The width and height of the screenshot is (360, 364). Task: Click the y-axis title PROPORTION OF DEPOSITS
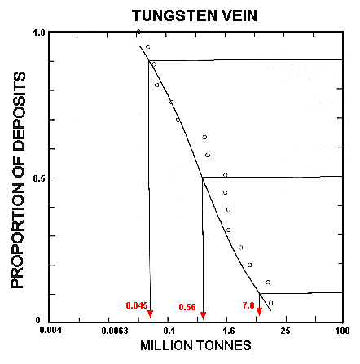coord(21,179)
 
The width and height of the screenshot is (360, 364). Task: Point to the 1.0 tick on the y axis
coord(40,33)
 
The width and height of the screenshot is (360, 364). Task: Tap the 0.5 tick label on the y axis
coord(40,178)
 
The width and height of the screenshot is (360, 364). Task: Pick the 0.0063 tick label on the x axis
coord(110,332)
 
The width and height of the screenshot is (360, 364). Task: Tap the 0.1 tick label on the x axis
coord(169,332)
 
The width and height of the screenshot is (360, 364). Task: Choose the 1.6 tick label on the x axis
coord(228,332)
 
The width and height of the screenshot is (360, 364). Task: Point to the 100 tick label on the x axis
coord(343,332)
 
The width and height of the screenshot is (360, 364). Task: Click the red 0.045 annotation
coord(136,305)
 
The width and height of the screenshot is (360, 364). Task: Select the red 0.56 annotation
coord(188,307)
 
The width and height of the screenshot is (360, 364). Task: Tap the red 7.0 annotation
coord(248,305)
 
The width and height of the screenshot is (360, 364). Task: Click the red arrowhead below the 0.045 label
coord(150,314)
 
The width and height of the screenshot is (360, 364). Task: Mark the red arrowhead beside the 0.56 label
coord(203,315)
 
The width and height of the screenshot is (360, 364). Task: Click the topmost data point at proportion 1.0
coord(138,32)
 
